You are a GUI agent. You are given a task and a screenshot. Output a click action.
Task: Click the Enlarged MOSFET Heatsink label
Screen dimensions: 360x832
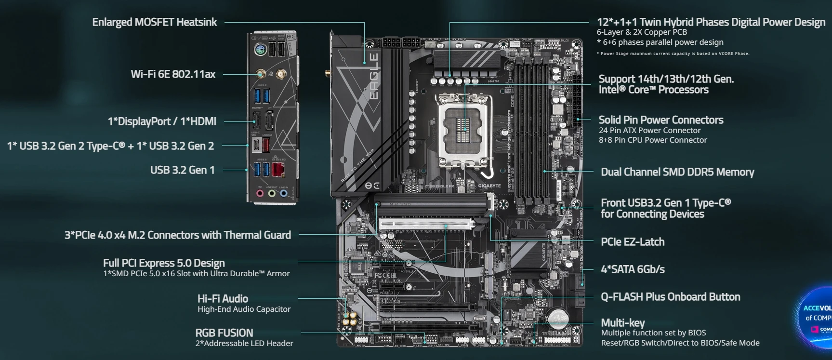(x=154, y=22)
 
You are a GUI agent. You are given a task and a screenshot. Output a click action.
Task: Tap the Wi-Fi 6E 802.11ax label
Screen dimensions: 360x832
(x=173, y=74)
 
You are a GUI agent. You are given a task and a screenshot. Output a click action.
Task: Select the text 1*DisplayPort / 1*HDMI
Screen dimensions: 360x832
(x=162, y=121)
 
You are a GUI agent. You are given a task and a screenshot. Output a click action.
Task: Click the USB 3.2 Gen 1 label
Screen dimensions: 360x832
(x=182, y=170)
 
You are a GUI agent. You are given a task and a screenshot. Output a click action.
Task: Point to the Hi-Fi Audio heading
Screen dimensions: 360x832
(x=223, y=299)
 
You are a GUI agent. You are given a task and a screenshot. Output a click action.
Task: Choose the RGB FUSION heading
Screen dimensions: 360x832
(x=224, y=333)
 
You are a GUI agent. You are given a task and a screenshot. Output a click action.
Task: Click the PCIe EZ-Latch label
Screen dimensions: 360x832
(x=632, y=242)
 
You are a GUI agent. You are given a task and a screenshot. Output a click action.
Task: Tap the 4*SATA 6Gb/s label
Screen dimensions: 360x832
(x=632, y=269)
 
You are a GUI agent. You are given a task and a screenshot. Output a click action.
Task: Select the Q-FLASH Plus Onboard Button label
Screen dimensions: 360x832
(x=670, y=297)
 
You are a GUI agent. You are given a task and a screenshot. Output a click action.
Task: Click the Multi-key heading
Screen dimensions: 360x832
(x=622, y=322)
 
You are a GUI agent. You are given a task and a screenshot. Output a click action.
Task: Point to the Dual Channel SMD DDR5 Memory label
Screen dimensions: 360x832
(x=677, y=172)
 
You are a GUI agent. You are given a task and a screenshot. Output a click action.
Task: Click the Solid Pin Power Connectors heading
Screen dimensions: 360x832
(x=660, y=120)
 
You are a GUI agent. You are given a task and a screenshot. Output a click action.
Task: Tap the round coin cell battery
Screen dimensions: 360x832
(x=558, y=318)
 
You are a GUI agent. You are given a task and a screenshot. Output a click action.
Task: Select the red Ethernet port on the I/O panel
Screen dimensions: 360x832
(x=278, y=170)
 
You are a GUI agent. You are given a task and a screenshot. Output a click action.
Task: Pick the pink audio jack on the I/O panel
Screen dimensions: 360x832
(x=260, y=194)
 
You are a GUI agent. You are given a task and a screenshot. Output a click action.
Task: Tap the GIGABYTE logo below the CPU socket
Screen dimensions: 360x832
(x=489, y=186)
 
